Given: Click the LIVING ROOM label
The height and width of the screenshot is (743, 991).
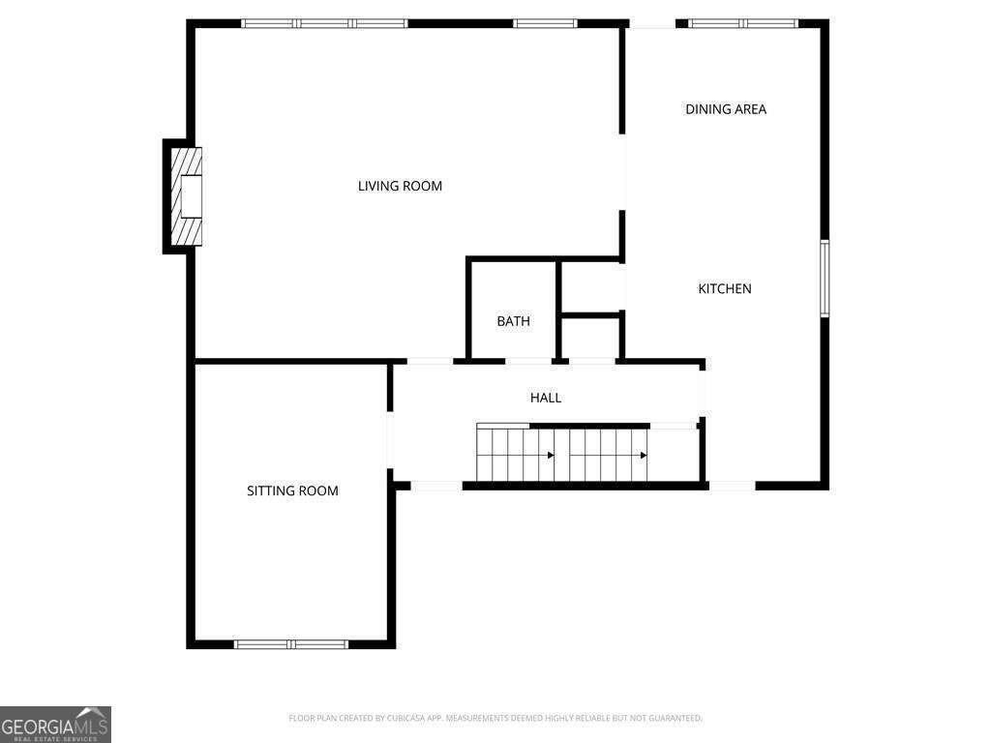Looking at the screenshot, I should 400,186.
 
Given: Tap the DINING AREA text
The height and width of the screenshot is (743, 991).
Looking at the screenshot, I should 726,109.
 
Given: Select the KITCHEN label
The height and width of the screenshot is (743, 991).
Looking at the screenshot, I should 725,288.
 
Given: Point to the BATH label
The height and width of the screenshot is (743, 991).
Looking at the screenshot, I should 513,321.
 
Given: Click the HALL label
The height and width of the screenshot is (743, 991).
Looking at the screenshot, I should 545,398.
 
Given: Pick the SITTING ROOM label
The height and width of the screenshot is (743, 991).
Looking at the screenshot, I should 292,490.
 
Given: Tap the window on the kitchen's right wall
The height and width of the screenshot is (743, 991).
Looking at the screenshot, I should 825,279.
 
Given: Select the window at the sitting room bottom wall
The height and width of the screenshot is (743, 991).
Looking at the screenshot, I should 291,643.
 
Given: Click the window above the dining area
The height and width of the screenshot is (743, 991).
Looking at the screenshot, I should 743,23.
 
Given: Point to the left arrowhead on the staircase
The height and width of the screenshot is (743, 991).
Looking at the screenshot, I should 551,455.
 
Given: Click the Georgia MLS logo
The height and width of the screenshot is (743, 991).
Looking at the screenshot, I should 56,725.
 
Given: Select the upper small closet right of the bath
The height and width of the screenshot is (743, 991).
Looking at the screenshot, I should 591,286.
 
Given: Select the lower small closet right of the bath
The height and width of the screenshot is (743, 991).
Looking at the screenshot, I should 591,338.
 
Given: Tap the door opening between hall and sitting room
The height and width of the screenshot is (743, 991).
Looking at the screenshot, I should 391,439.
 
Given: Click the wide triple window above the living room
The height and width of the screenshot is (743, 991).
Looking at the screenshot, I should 325,23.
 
